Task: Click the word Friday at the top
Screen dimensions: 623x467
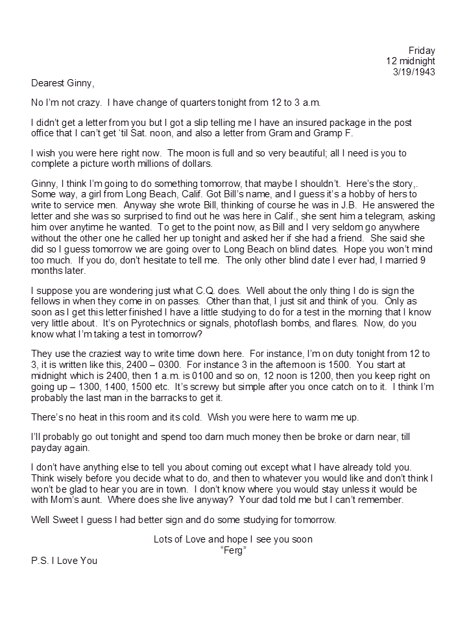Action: click(x=422, y=51)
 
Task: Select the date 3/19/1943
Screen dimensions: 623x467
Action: click(x=414, y=71)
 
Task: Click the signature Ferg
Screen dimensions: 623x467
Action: click(x=233, y=550)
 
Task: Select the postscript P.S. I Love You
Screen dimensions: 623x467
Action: click(x=64, y=561)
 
